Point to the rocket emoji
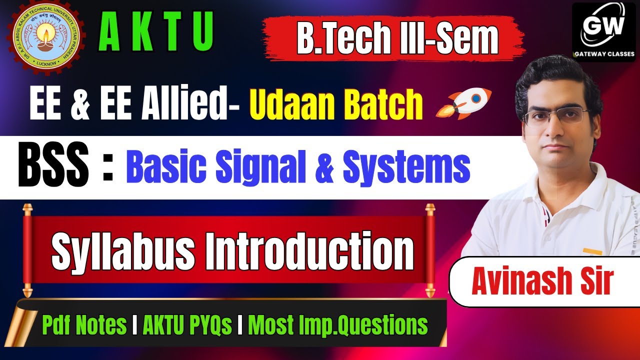click(x=464, y=103)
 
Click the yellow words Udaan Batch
click(x=336, y=104)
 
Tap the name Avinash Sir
click(x=542, y=281)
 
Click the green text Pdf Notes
click(x=84, y=325)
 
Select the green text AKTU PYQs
click(x=187, y=325)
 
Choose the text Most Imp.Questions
click(x=338, y=325)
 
